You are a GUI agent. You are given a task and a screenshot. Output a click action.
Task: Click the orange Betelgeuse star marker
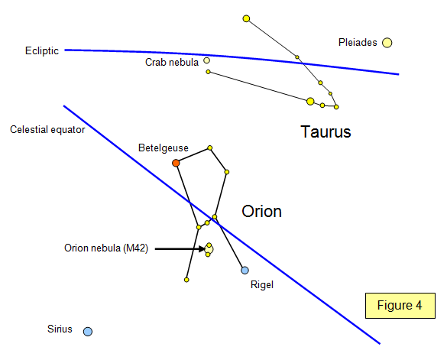click(176, 163)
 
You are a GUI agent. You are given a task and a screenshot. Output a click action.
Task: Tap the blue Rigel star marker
click(245, 270)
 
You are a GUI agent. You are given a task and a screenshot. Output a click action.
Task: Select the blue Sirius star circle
click(88, 332)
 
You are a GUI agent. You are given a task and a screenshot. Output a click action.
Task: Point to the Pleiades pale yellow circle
click(387, 43)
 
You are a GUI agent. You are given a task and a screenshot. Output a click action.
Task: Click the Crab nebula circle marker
click(206, 60)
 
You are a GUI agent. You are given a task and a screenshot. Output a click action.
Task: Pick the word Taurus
click(326, 131)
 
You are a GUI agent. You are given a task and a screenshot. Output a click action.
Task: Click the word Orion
click(261, 212)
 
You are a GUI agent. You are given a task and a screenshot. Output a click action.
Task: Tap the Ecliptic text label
click(42, 50)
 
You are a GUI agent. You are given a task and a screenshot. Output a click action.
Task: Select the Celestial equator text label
click(47, 129)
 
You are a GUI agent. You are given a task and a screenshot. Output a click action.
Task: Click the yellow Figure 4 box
click(400, 306)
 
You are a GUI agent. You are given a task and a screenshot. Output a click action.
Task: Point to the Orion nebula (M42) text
click(106, 248)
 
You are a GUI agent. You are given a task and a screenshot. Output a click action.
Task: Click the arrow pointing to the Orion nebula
click(180, 249)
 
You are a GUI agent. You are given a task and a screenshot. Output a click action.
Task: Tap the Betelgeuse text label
click(164, 148)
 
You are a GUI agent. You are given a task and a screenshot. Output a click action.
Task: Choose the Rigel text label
click(262, 284)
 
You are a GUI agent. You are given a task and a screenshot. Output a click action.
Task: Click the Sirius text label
click(60, 329)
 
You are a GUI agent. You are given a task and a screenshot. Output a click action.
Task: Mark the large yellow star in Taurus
click(310, 101)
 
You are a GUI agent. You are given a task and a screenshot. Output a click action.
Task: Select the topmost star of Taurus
click(246, 19)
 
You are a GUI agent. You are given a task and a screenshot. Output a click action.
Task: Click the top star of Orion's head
click(210, 148)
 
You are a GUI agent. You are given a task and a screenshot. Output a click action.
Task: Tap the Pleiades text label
click(358, 43)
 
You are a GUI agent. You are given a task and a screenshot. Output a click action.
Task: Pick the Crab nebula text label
click(172, 62)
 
